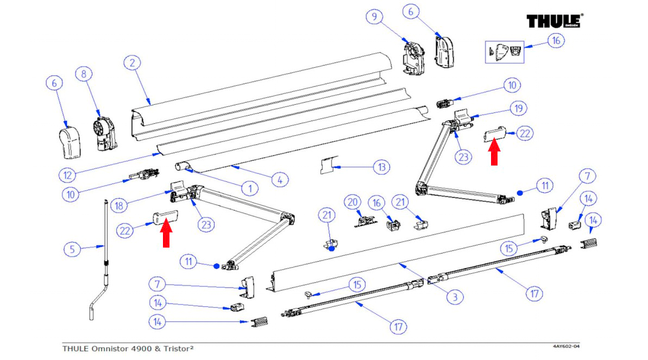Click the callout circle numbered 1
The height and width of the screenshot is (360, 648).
249,189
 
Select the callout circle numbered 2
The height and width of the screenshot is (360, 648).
131,63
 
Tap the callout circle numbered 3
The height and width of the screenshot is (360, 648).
455,297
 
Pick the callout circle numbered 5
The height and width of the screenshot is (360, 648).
72,250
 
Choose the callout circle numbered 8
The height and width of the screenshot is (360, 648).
84,74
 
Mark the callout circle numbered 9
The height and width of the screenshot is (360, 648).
374,17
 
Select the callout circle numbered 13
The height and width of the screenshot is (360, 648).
382,167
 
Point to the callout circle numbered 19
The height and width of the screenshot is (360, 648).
519,109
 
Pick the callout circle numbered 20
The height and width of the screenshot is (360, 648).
353,202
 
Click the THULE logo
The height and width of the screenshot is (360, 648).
554,21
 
